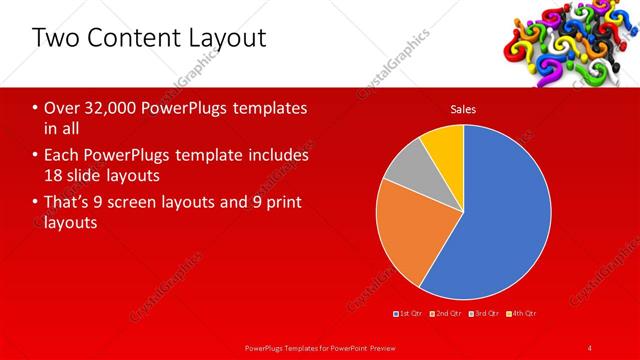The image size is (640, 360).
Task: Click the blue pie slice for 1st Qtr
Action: pos(505,210)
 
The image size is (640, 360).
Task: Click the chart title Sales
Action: pos(463,109)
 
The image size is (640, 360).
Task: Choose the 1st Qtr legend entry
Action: pos(410,314)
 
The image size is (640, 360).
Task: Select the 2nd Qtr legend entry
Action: pos(447,314)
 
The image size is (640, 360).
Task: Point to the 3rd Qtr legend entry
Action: pos(484,314)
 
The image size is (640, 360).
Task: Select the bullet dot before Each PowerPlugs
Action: pos(36,156)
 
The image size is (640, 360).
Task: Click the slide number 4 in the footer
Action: pos(590,347)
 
